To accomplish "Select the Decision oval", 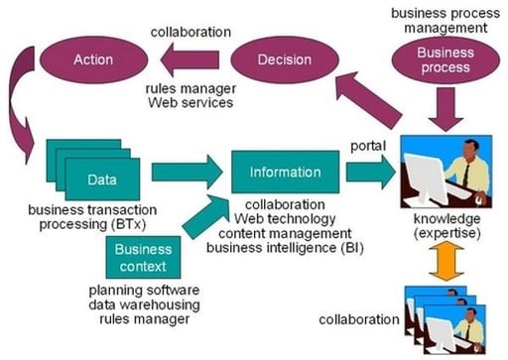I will pos(284,60).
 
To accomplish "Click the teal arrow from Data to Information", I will pos(187,172).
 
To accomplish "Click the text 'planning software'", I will pos(143,290).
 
